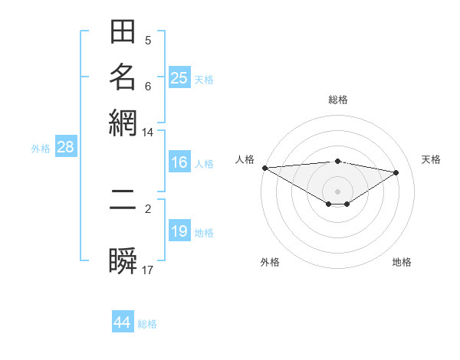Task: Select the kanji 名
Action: tap(123, 77)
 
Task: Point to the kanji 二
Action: tap(123, 207)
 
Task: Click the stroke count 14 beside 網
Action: tap(147, 133)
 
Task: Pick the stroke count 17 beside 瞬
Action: tap(148, 270)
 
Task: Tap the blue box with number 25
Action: tap(179, 78)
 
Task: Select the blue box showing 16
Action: tap(179, 162)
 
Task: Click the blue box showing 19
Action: tap(179, 231)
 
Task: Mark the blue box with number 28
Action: tap(65, 148)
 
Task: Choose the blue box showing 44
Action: tap(123, 322)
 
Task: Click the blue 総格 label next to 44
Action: tap(147, 324)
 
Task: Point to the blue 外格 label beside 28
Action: tap(41, 149)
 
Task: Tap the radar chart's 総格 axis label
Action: tap(338, 100)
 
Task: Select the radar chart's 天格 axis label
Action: tap(431, 159)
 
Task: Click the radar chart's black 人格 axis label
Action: tap(245, 159)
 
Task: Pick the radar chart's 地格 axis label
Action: tap(402, 262)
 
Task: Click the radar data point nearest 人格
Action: tap(264, 168)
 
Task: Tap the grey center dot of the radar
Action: tap(338, 191)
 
